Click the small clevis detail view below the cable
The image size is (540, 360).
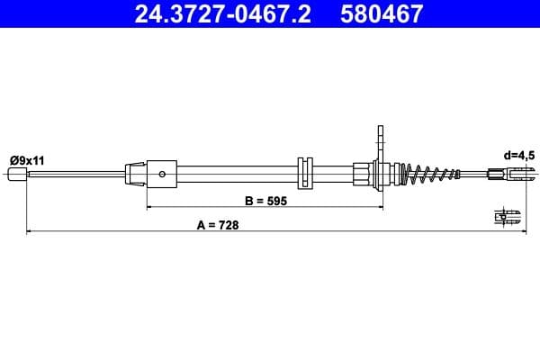pyautogui.click(x=508, y=216)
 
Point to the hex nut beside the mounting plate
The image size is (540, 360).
pyautogui.click(x=362, y=173)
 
